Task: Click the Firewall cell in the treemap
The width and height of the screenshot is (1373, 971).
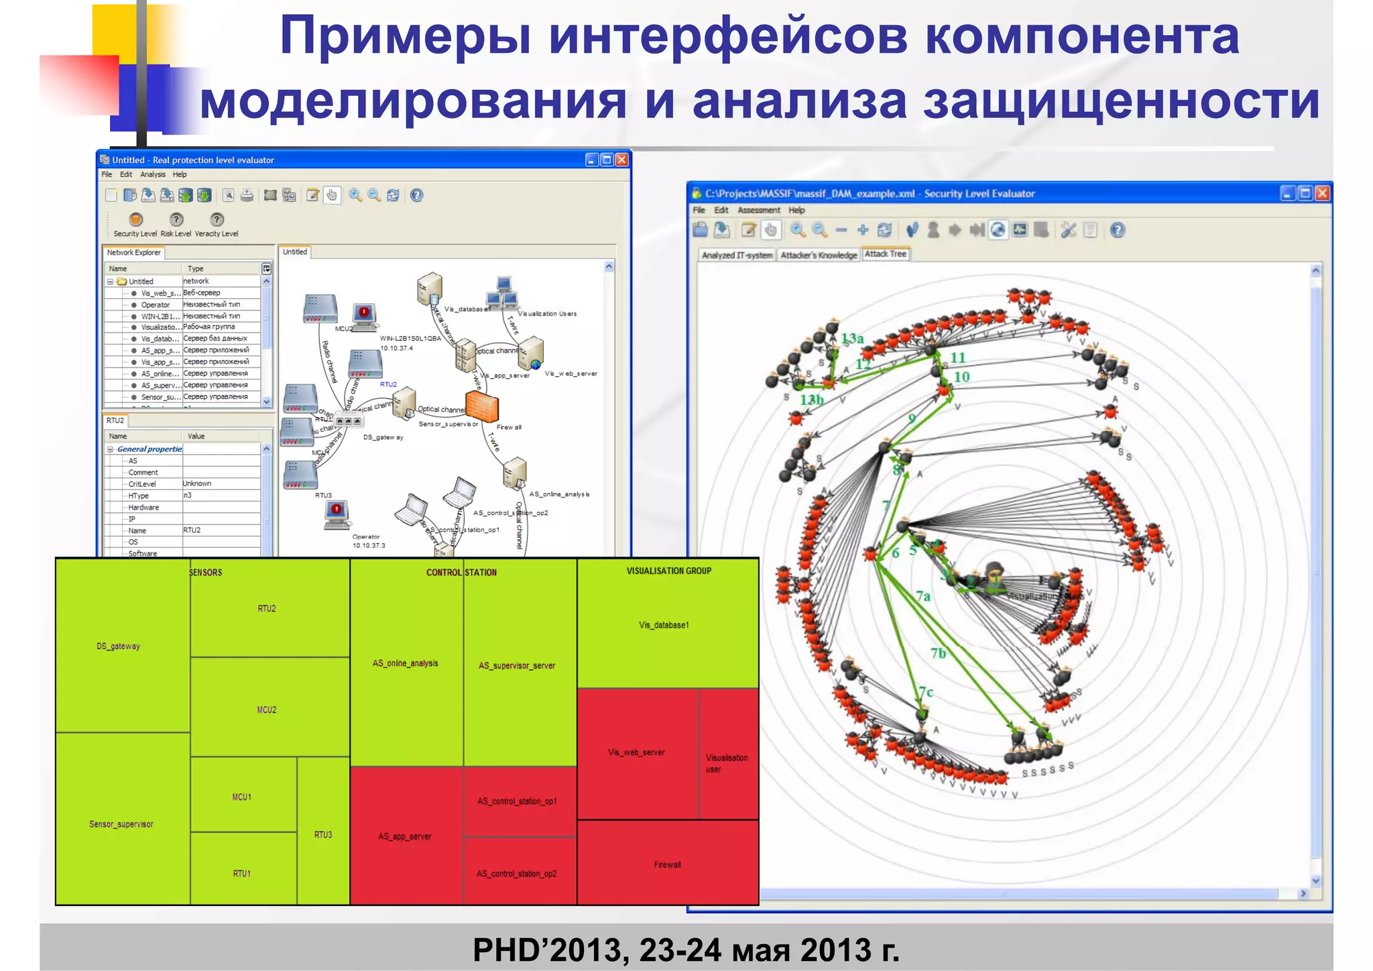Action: pos(667,864)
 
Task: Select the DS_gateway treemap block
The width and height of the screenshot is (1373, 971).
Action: pos(119,646)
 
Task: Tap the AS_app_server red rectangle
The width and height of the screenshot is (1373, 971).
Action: pos(405,836)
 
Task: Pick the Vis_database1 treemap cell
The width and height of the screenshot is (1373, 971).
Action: pos(664,624)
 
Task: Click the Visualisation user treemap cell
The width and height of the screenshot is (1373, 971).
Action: pos(727,762)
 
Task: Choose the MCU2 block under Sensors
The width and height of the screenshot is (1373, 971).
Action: pos(267,709)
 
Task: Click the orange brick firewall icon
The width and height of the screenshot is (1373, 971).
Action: pos(482,405)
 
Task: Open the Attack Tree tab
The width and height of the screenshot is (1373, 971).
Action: pos(885,254)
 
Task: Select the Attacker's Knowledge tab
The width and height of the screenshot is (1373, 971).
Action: pos(819,255)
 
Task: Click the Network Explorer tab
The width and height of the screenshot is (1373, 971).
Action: pos(134,253)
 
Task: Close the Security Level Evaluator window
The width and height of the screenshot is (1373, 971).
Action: pos(1322,194)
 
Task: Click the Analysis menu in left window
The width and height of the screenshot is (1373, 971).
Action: pos(153,174)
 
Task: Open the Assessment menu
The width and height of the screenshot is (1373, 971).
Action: pos(758,210)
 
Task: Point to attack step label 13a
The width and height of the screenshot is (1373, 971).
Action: pos(853,339)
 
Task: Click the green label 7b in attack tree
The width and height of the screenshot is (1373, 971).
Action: pos(938,652)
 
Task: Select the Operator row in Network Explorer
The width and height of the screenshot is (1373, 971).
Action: pos(156,304)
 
